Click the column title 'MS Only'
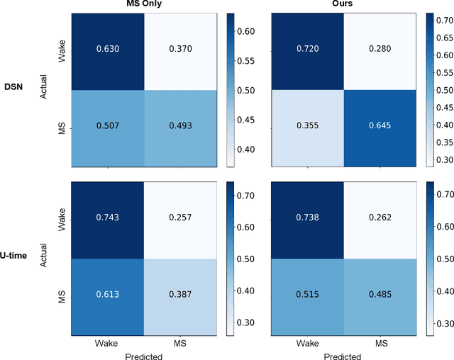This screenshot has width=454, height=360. click(144, 5)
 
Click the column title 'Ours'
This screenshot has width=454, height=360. click(343, 5)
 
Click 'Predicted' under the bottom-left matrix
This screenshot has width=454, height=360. click(144, 355)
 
